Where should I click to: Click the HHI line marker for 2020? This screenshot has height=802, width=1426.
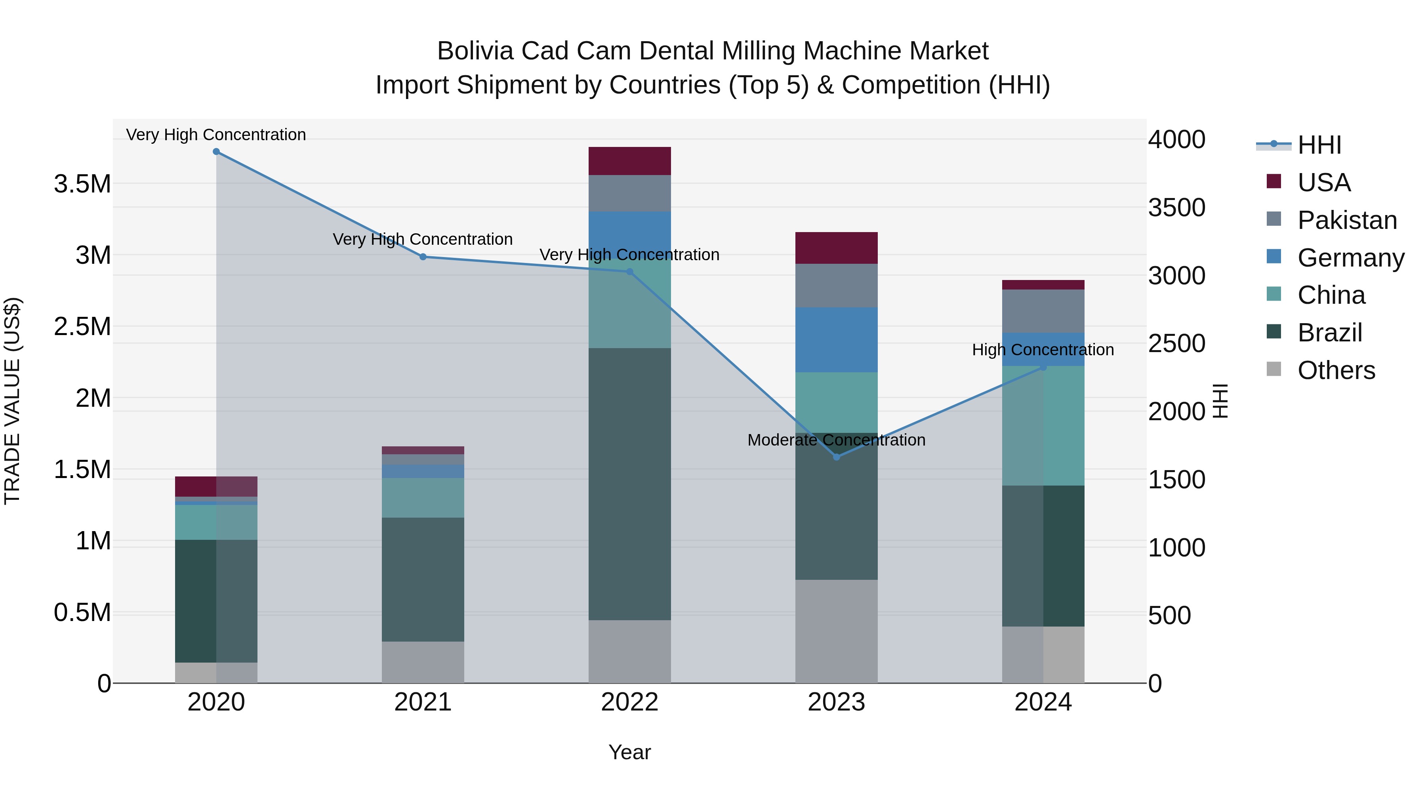(216, 152)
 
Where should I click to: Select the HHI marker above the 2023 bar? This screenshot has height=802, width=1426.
(837, 457)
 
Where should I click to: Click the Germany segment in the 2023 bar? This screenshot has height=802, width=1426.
(837, 340)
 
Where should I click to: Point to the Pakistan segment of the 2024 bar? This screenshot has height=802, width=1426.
(1043, 311)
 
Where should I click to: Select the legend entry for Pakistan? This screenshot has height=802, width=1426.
(1346, 220)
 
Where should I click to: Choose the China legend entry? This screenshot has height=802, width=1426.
(1331, 295)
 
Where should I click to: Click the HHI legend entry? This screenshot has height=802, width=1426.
(1319, 145)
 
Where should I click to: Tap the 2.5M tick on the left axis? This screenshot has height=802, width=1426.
(82, 327)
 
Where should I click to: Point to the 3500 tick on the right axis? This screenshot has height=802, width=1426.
(1176, 208)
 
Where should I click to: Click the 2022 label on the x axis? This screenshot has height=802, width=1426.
(629, 702)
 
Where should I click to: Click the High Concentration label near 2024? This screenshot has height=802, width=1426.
(1043, 350)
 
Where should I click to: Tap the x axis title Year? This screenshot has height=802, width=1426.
(629, 752)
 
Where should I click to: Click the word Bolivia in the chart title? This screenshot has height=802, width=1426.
(475, 51)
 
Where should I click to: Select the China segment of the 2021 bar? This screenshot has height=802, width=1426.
(423, 497)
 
